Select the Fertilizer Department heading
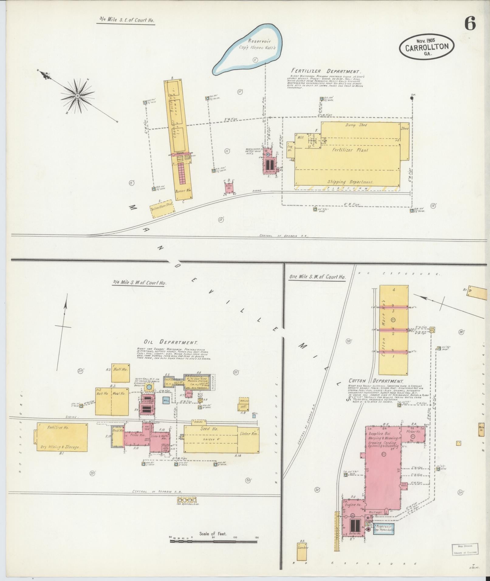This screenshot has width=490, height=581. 326,72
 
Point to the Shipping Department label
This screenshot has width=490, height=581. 349,182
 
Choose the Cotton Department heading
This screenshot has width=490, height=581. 376,381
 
